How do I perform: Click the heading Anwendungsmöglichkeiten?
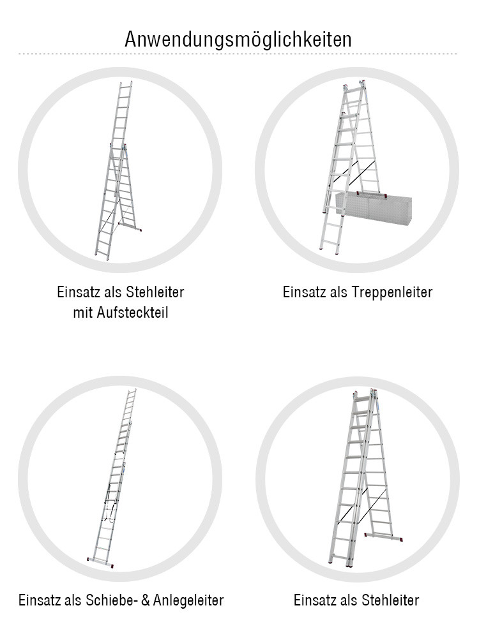coord(238,39)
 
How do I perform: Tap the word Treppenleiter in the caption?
coord(393,292)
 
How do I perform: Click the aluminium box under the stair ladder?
coord(374,207)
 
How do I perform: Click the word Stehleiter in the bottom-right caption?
coord(390,600)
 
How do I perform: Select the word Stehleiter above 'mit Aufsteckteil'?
coord(155,292)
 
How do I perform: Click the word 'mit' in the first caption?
coord(85,313)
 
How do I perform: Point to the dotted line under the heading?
coord(238,54)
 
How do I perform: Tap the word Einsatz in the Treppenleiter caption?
coord(303,292)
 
